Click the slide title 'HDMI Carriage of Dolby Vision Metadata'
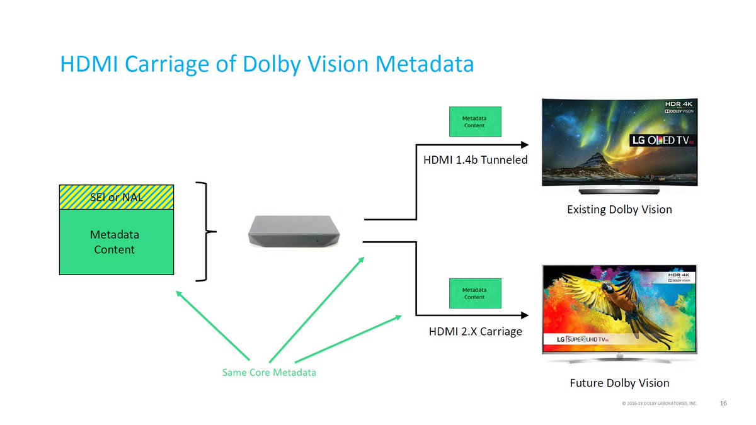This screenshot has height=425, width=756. tap(266, 64)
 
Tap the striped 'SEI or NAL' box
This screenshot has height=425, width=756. tap(116, 197)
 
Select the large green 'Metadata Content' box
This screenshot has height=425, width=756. tap(116, 242)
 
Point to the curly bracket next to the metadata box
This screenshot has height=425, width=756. tap(205, 232)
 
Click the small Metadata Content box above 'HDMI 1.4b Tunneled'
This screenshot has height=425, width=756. tap(474, 122)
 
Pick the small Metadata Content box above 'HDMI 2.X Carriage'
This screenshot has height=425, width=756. tap(474, 293)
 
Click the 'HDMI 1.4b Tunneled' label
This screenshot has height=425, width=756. tap(475, 160)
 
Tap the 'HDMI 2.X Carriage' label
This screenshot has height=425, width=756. tap(475, 331)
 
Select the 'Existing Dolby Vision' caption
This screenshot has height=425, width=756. tap(619, 209)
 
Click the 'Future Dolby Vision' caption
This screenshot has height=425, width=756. tap(619, 383)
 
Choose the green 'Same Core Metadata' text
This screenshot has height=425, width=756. tap(269, 373)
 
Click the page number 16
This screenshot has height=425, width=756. tap(723, 402)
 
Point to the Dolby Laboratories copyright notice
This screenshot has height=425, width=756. tap(659, 403)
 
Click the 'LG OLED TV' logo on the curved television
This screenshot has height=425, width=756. tap(661, 140)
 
